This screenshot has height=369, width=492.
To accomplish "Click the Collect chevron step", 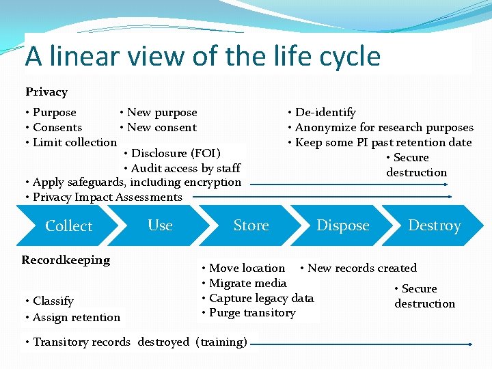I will [68, 225].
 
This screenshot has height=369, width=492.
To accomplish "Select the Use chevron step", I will [160, 225].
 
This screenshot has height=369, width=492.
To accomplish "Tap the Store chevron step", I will [251, 225].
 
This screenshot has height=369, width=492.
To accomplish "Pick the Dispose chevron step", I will [342, 225].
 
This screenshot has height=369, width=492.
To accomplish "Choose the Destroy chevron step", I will [434, 225].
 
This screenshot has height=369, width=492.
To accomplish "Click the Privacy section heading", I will [46, 92].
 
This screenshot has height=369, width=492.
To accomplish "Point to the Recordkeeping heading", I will [66, 260].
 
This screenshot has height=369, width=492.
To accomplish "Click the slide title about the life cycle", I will [202, 55].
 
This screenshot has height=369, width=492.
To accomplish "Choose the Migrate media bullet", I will [247, 283].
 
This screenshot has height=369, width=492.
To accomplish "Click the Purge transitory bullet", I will [251, 312].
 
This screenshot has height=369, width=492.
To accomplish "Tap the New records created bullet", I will [361, 268].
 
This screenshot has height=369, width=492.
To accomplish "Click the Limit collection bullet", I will [73, 142].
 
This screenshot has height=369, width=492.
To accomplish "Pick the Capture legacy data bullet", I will [261, 298].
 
